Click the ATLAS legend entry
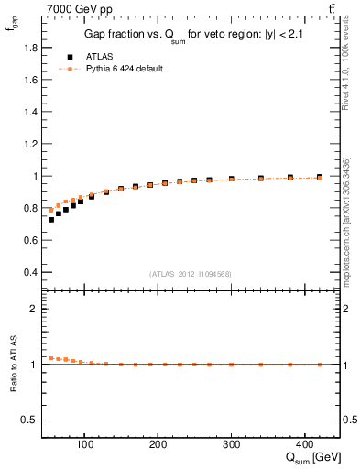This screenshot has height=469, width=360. (90, 56)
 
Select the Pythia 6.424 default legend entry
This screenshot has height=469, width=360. (117, 69)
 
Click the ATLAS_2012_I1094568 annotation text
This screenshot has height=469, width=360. (190, 274)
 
